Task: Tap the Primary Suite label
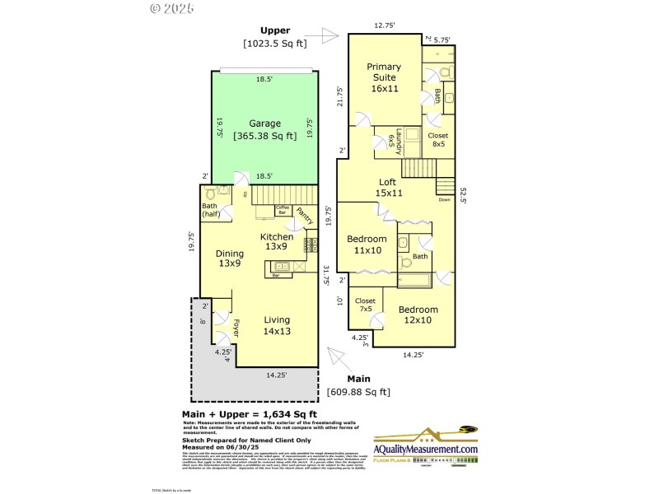coord(384,77)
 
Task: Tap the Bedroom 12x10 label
coord(418,315)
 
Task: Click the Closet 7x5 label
coord(365,305)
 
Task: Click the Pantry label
coord(304,215)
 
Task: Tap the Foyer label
coord(236,328)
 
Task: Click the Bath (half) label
coord(209,211)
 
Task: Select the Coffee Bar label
coord(283,210)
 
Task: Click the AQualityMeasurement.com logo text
coord(426,449)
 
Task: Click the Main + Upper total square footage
coord(249,414)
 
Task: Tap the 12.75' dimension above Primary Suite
coord(383,26)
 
